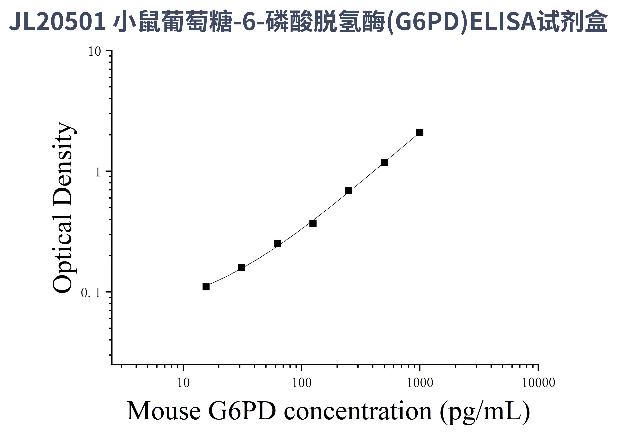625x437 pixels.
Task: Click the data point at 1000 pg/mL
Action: click(420, 132)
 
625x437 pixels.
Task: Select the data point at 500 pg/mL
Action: click(384, 163)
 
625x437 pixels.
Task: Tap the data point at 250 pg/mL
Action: click(348, 191)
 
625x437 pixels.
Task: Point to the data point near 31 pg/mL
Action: click(241, 267)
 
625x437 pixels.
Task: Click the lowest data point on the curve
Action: click(206, 287)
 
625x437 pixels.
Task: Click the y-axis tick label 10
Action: click(94, 52)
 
